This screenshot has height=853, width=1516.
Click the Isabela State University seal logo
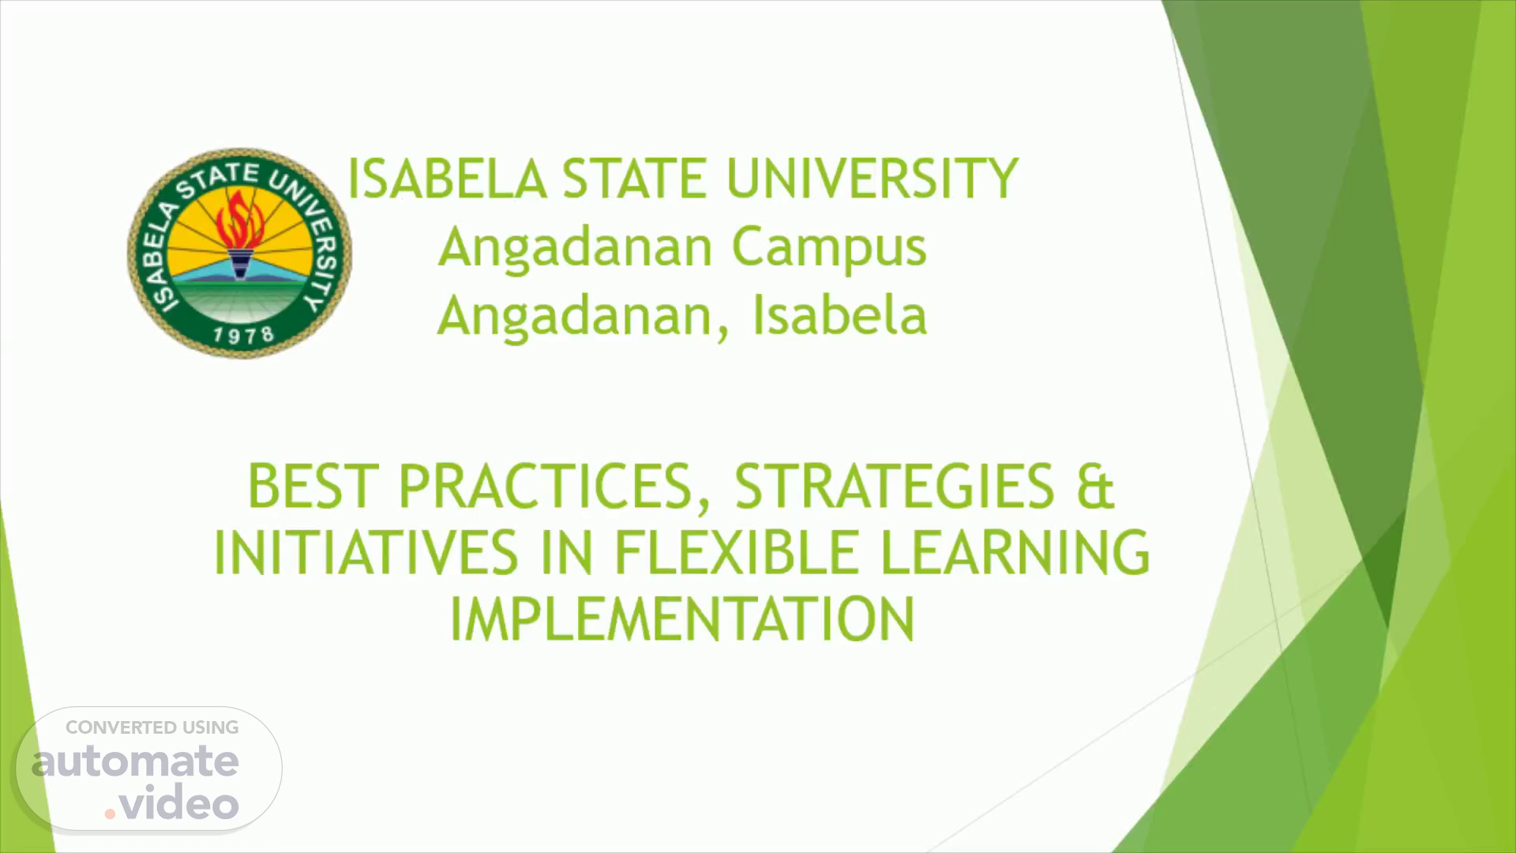pyautogui.click(x=239, y=252)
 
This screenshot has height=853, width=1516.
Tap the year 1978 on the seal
pyautogui.click(x=243, y=335)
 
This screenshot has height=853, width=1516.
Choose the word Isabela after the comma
pyautogui.click(x=839, y=314)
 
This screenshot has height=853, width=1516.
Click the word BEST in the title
pyautogui.click(x=309, y=486)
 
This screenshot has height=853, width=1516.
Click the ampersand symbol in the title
pyautogui.click(x=1094, y=486)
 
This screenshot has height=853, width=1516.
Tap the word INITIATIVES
pyautogui.click(x=366, y=552)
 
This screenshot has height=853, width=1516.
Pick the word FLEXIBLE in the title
pyautogui.click(x=737, y=552)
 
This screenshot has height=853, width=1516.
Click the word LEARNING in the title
pyautogui.click(x=1015, y=552)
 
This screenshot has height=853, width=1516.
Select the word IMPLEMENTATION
pyautogui.click(x=681, y=618)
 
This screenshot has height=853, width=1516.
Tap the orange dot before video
pyautogui.click(x=110, y=813)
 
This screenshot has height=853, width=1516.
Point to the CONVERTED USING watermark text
pyautogui.click(x=152, y=727)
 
